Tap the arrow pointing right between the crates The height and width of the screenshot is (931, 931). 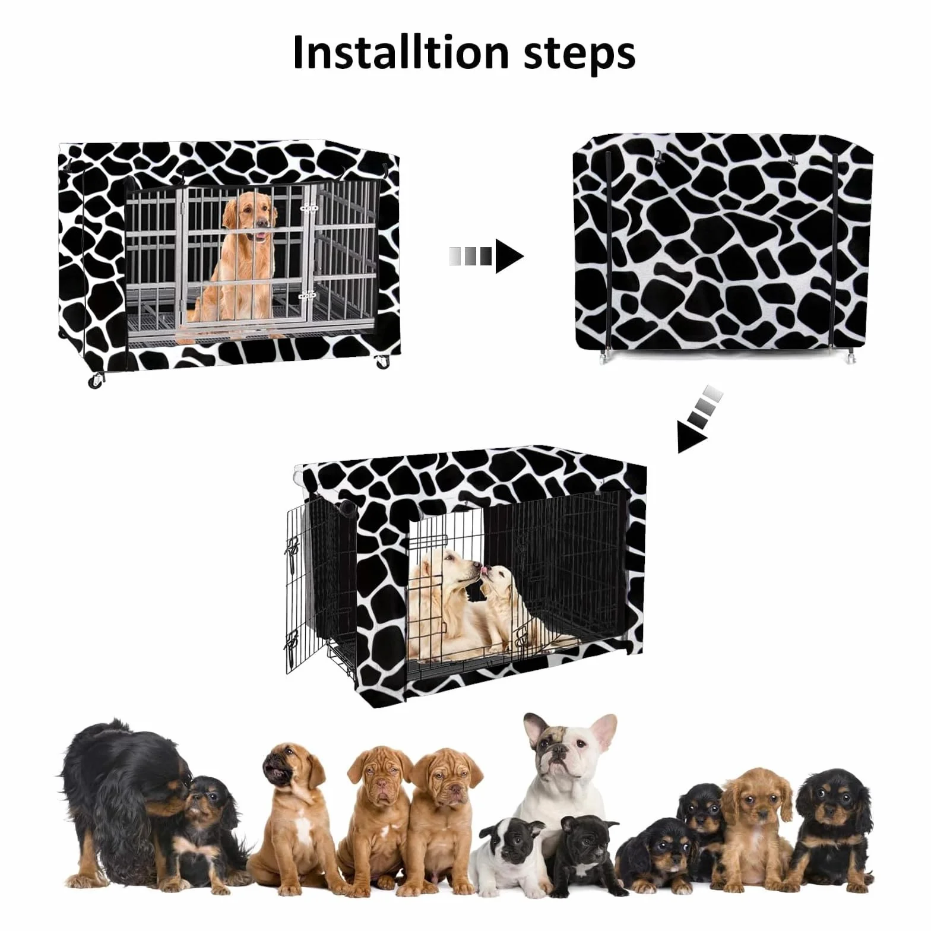coord(486,256)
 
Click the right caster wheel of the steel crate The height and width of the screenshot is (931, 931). coord(381,361)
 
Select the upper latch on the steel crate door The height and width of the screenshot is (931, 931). coord(309,208)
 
